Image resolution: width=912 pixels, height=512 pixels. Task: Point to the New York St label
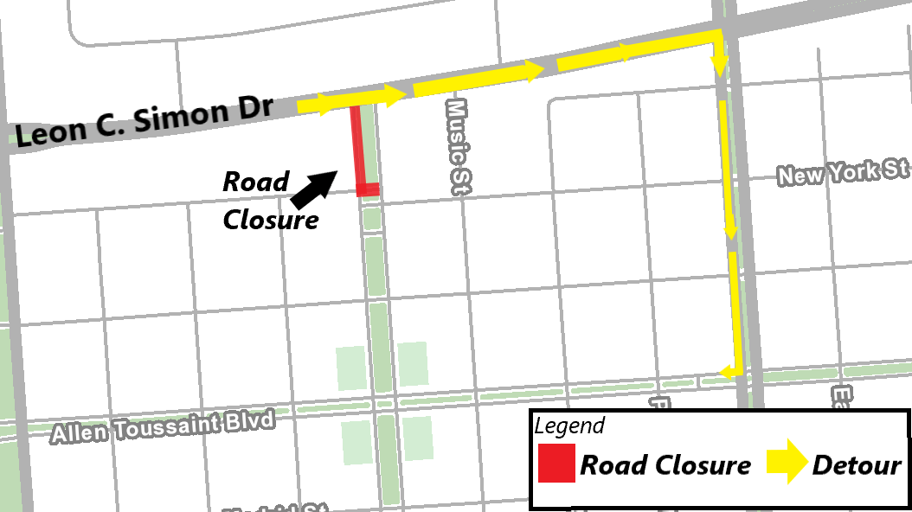pyautogui.click(x=842, y=171)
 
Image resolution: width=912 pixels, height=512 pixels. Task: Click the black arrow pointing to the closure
pyautogui.click(x=313, y=189)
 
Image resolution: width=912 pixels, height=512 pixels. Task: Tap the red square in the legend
pyautogui.click(x=556, y=464)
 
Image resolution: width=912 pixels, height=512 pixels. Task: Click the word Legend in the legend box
pyautogui.click(x=569, y=426)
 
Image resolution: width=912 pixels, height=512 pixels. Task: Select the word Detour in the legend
pyautogui.click(x=857, y=465)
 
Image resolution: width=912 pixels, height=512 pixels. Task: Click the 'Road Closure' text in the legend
pyautogui.click(x=665, y=465)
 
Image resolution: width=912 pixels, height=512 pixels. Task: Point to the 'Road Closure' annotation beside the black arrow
pyautogui.click(x=268, y=201)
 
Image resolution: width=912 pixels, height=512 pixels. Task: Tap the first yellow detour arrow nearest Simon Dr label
pyautogui.click(x=317, y=105)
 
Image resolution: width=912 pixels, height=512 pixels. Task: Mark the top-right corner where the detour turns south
pyautogui.click(x=717, y=35)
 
